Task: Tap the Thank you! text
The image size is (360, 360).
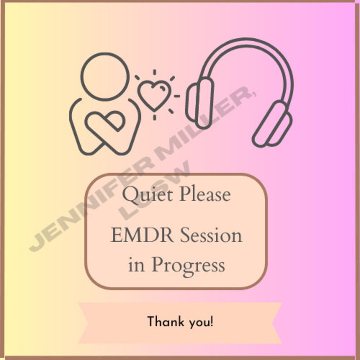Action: coord(180,322)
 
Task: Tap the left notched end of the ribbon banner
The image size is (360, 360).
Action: coord(86,322)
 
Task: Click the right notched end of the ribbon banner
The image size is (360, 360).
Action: coord(274,322)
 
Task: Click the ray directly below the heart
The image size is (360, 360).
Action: coord(154,117)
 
